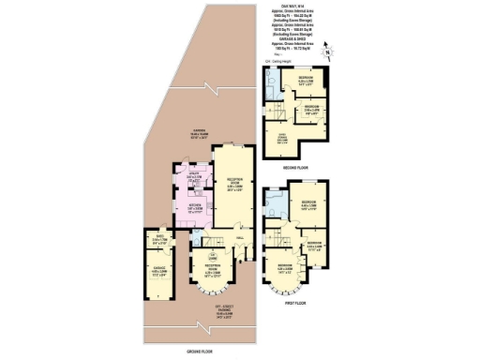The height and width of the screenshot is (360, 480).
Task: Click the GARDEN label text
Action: tap(199, 134)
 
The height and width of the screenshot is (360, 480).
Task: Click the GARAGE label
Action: tap(159, 273)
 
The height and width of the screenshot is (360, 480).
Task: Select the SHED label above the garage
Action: tap(160, 238)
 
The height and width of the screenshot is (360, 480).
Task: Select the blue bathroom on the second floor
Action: tap(272, 89)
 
